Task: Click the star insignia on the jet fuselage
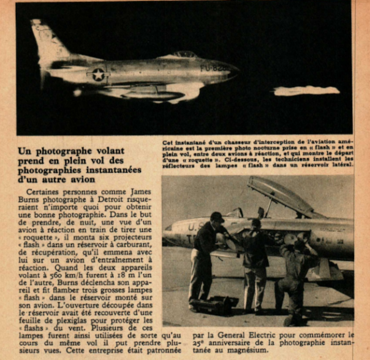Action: (x=97, y=74)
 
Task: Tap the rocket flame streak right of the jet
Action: (x=306, y=91)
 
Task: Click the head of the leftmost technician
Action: (x=217, y=218)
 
